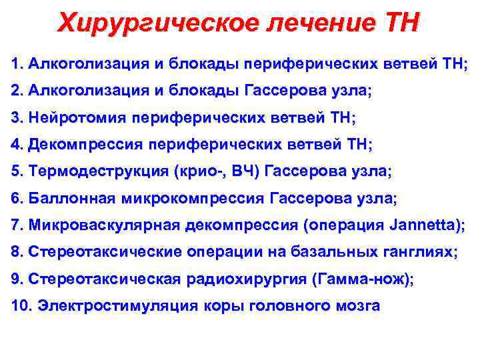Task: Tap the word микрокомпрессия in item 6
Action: tap(193, 199)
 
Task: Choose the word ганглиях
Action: tap(414, 253)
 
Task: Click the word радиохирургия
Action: tap(241, 280)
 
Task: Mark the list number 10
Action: tap(21, 307)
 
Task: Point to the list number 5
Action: tap(16, 171)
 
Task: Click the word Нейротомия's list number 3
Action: tap(16, 118)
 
